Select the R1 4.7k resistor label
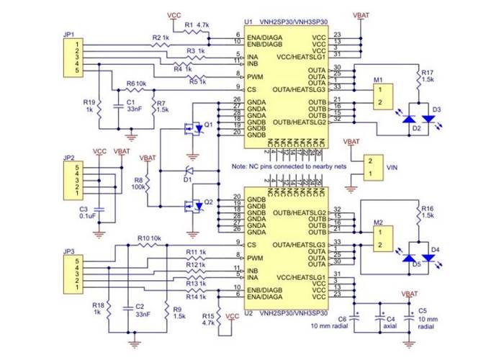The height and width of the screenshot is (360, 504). tap(197, 24)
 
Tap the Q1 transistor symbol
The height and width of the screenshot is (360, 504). tap(192, 130)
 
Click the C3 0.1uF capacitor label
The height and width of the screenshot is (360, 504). tap(89, 212)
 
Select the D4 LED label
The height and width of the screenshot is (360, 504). tap(435, 250)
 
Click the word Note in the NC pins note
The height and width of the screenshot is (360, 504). tap(240, 166)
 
